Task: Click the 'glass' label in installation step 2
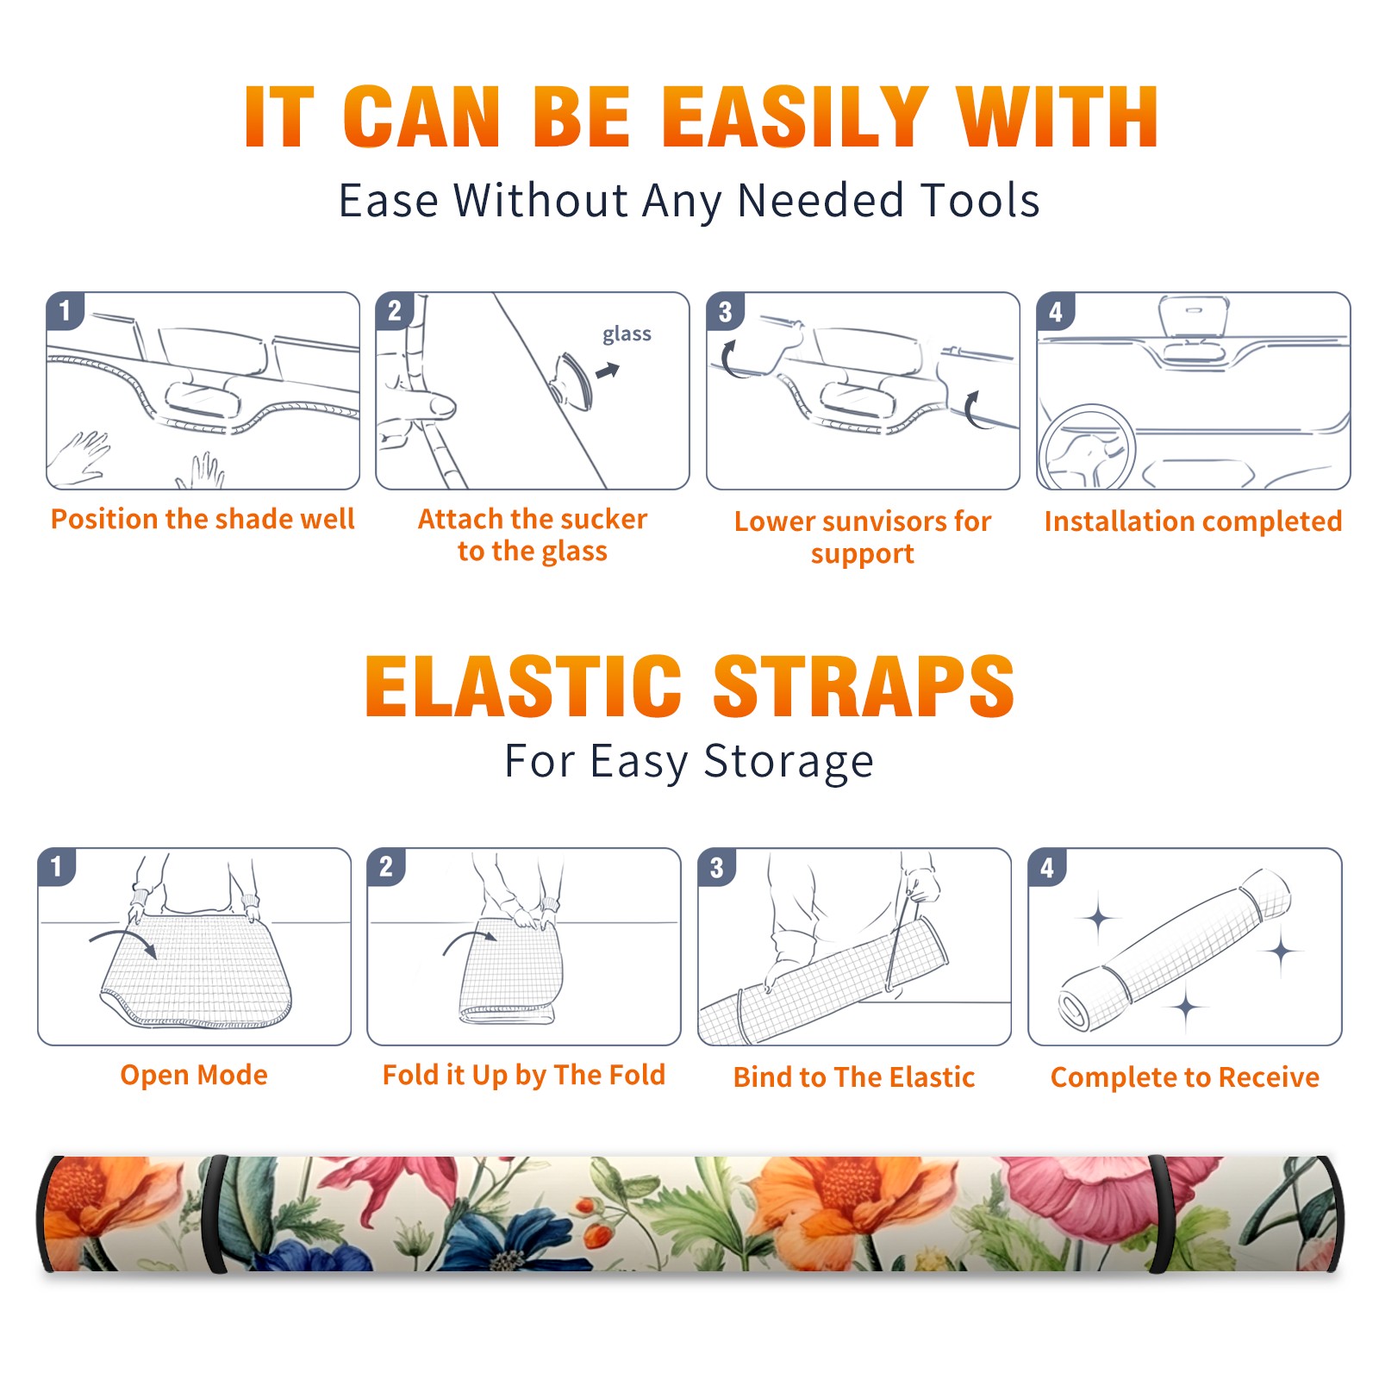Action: point(627,334)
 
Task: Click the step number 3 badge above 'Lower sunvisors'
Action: point(725,311)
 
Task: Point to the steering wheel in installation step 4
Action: point(1087,448)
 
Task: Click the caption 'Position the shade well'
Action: point(203,519)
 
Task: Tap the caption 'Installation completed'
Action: point(1193,521)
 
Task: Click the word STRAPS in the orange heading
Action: point(863,686)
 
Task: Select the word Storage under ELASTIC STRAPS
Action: point(789,762)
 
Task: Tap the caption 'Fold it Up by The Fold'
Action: point(524,1076)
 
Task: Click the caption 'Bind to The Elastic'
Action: point(854,1077)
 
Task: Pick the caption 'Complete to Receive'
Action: point(1185,1077)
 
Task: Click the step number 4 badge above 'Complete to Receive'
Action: point(1047,867)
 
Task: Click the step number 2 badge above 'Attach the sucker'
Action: point(395,311)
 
